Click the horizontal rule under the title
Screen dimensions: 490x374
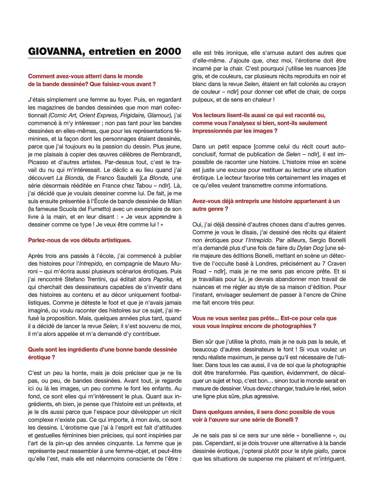[105, 58]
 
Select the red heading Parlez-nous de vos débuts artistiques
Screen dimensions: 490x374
[79, 240]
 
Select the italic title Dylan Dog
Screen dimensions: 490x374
[310, 248]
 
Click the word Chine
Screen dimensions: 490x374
[338, 295]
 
